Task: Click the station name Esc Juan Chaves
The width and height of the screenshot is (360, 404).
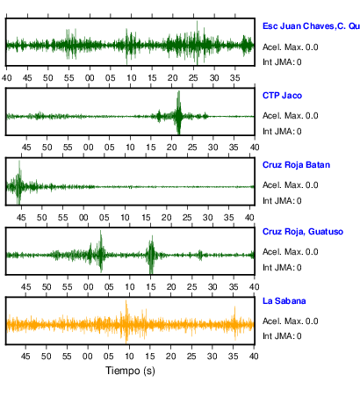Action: (x=299, y=26)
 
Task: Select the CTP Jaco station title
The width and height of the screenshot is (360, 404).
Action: (x=282, y=96)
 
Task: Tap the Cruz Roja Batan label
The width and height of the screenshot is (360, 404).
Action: (x=296, y=165)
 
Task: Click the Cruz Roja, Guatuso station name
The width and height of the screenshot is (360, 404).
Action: (x=303, y=232)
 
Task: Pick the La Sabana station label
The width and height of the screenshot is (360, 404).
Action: (x=284, y=301)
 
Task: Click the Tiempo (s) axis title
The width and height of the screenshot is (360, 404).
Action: (x=130, y=371)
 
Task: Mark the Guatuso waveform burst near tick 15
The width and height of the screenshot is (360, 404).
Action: (x=151, y=255)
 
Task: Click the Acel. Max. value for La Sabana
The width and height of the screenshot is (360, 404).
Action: (x=291, y=321)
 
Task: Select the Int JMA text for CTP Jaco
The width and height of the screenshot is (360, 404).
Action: (x=282, y=132)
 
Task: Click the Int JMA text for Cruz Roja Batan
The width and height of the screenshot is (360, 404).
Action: (x=282, y=201)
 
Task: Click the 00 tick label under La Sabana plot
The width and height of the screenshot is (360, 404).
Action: (x=88, y=357)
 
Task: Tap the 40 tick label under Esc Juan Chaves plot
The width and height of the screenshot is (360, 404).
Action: (x=7, y=78)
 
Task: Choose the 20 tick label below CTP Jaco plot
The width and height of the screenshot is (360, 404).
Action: (x=172, y=147)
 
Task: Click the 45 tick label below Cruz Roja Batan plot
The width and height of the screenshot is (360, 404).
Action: (x=21, y=218)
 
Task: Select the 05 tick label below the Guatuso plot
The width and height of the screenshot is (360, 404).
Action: (x=109, y=287)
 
